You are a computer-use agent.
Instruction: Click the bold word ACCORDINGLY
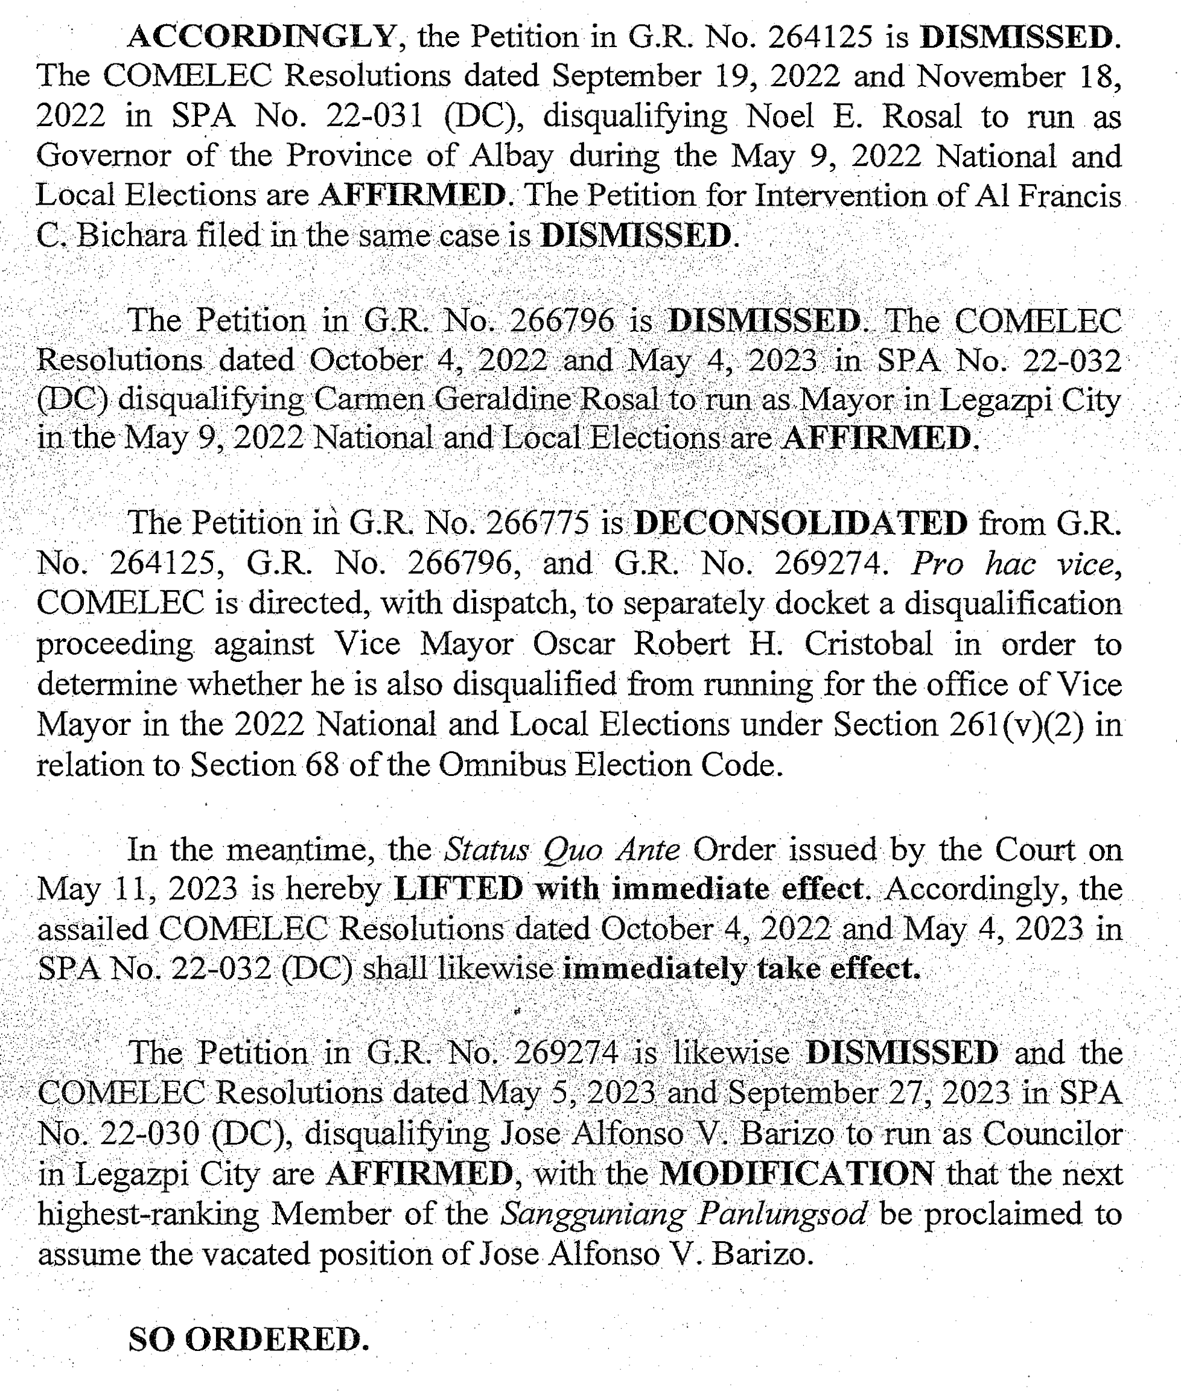[263, 37]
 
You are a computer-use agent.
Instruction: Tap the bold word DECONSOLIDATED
[801, 523]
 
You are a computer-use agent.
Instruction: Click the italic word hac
[1010, 564]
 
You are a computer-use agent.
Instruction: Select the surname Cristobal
[868, 644]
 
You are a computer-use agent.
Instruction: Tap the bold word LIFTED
[459, 889]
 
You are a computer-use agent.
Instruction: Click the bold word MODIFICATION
[797, 1173]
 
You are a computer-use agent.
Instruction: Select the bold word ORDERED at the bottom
[276, 1339]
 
